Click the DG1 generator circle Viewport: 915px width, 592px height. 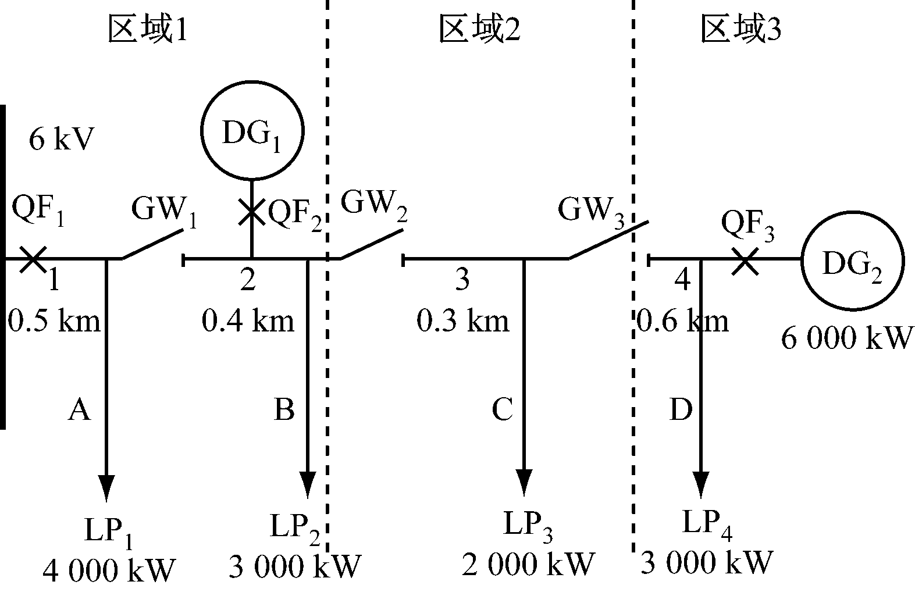click(x=252, y=133)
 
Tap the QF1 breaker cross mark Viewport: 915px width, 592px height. click(x=32, y=259)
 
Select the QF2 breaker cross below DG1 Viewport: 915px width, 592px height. click(x=251, y=211)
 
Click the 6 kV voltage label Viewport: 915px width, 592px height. click(x=61, y=140)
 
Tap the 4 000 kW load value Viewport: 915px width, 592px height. click(x=109, y=570)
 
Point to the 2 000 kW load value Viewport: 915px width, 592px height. click(x=528, y=564)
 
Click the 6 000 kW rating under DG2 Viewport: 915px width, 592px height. click(x=844, y=338)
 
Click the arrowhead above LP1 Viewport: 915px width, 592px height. click(x=106, y=487)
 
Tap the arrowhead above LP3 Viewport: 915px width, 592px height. click(x=525, y=482)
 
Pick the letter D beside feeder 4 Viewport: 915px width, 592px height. click(x=681, y=410)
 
